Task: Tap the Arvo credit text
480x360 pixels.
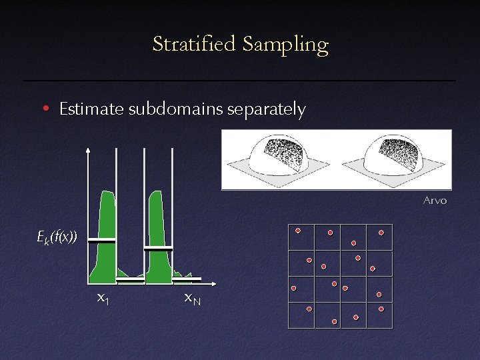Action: point(435,200)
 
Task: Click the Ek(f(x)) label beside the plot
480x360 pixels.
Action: point(57,236)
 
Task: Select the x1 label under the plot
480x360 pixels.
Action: point(103,298)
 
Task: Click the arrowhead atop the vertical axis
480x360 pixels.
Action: point(89,149)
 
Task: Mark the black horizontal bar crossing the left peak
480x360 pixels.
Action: point(102,240)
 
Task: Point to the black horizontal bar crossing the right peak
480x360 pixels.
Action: point(158,248)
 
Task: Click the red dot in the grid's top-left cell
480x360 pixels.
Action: point(298,231)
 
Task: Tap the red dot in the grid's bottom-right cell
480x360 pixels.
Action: point(381,309)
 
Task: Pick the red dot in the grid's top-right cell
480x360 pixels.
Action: point(381,233)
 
